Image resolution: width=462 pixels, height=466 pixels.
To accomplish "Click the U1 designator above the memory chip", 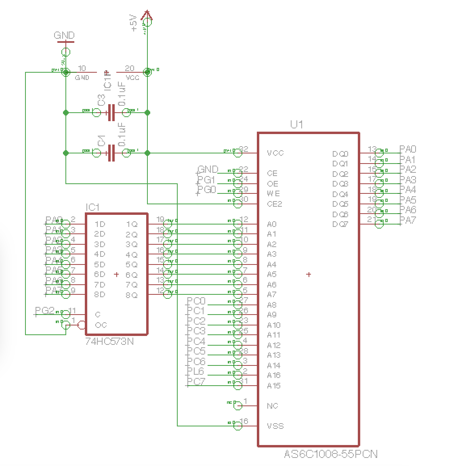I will coord(296,124).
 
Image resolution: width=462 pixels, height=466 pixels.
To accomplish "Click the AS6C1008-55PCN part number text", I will coord(330,454).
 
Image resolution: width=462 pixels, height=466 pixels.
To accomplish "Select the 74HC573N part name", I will coord(109,342).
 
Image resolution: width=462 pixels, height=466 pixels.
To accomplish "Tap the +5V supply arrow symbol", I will coord(147,16).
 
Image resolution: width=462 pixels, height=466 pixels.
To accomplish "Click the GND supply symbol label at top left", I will coord(64,36).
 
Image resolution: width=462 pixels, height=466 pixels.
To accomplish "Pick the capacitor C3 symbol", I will coord(111,112).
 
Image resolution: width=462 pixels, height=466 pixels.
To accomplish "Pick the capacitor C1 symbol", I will coord(111,153).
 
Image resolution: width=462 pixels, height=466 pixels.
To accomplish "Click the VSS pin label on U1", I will coord(275,426).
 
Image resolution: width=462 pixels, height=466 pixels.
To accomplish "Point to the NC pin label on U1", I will coord(273,406).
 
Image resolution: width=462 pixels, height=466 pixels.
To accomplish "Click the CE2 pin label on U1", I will coord(275,204).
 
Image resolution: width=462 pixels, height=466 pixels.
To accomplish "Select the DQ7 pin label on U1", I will coord(340,224).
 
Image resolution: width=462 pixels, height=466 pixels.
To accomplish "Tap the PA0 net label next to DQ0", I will coord(407,149).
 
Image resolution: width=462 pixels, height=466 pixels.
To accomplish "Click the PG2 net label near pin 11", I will coord(44,311).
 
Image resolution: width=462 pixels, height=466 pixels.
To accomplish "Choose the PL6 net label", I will coord(195,371).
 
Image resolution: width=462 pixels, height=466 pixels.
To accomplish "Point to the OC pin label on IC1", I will coord(101,325).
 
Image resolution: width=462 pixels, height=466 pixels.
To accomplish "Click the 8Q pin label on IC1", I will coord(132,295).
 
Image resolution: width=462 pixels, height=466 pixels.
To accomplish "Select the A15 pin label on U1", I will coord(273,386).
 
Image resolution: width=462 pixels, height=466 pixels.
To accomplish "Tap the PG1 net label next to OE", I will coord(206,180).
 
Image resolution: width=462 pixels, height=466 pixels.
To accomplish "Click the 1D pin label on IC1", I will coord(100,224).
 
